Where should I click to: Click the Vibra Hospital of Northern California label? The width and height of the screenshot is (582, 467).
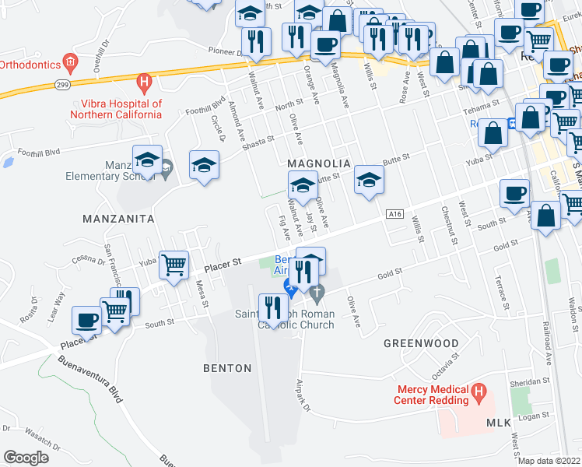point(121,109)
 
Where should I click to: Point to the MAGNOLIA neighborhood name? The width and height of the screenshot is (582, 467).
point(320,163)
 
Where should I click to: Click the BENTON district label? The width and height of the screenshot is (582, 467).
point(227,368)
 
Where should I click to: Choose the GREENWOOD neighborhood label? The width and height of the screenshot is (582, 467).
point(421,342)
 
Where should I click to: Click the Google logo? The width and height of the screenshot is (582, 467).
point(26,457)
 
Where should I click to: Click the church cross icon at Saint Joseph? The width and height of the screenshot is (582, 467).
point(315,293)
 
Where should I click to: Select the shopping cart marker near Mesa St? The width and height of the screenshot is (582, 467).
point(174,264)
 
